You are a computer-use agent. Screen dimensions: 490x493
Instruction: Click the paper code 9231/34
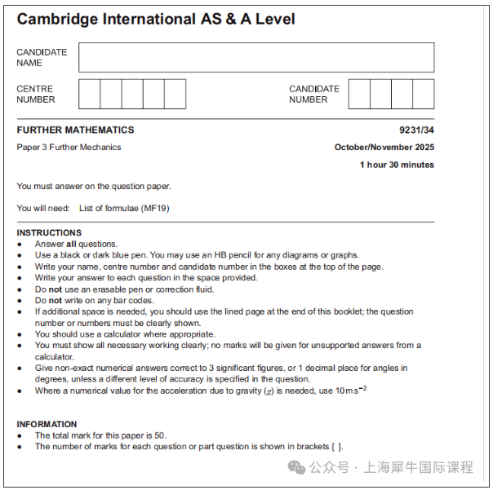(x=416, y=130)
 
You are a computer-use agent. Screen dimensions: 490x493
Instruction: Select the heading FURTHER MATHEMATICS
(x=75, y=130)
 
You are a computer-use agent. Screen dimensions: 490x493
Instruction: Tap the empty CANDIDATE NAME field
(x=256, y=57)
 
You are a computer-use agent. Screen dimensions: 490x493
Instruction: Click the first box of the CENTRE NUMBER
(x=89, y=94)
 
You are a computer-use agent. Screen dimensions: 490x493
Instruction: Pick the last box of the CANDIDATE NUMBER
(x=423, y=94)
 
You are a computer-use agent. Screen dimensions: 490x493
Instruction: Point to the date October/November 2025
(x=384, y=148)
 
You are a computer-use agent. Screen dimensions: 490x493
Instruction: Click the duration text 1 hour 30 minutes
(x=397, y=165)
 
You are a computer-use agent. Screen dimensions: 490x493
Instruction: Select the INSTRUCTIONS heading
(x=49, y=232)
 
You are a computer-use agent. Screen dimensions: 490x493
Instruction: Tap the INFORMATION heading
(x=47, y=424)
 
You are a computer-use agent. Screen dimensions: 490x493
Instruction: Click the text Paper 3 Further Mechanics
(x=69, y=148)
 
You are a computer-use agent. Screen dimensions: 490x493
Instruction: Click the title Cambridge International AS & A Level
(x=156, y=19)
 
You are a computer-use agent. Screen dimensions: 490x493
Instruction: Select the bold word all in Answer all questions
(x=71, y=244)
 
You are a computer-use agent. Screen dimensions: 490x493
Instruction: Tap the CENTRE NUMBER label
(x=36, y=94)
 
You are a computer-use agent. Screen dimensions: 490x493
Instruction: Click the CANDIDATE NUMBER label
(x=314, y=94)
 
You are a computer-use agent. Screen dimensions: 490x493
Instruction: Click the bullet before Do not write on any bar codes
(x=20, y=301)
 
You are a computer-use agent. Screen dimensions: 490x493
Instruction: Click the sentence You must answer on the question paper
(x=94, y=186)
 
